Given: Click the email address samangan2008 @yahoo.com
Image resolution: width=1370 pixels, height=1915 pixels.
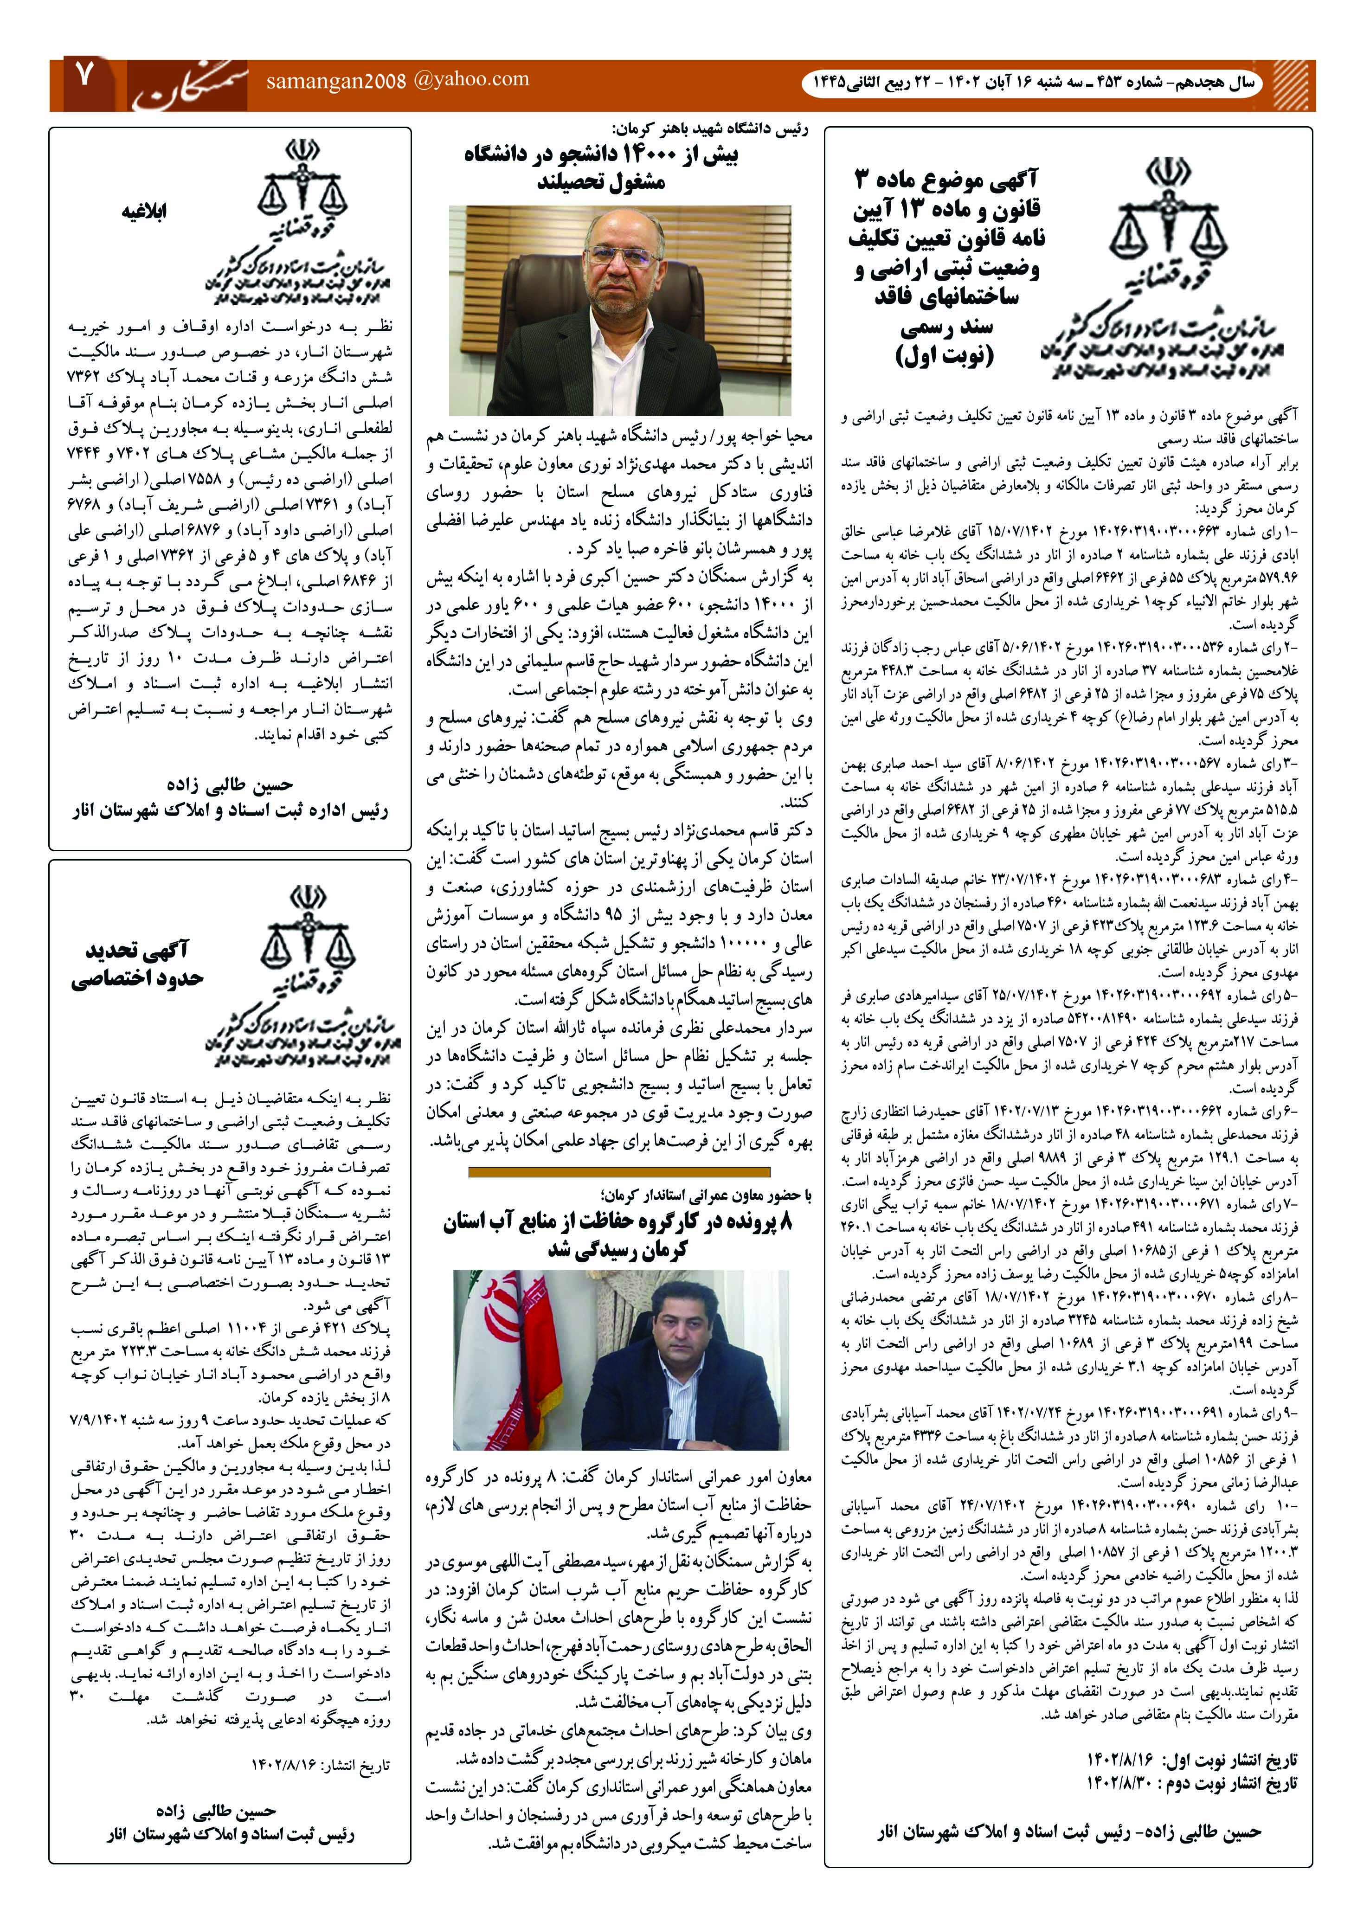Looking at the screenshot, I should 397,81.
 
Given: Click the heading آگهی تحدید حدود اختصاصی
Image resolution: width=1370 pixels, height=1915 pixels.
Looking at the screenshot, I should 137,964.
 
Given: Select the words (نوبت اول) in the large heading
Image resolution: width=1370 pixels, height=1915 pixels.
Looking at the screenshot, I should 945,356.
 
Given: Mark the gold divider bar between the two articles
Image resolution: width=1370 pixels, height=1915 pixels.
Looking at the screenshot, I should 618,1172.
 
